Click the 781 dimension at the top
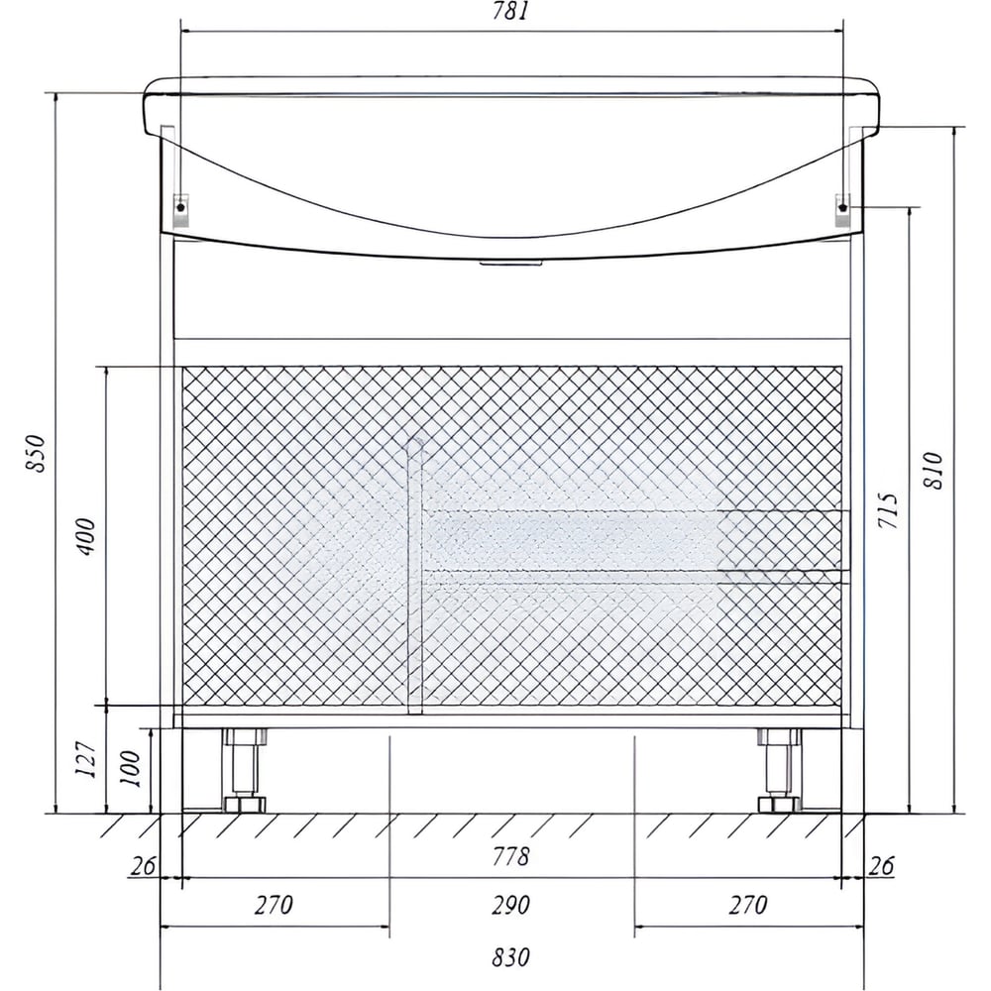(x=509, y=11)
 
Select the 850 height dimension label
(x=36, y=453)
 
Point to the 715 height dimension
(x=887, y=510)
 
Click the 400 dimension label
(x=86, y=536)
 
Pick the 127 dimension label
(x=86, y=758)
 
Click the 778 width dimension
(x=510, y=856)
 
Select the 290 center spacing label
(x=510, y=905)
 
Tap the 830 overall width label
(x=510, y=957)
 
